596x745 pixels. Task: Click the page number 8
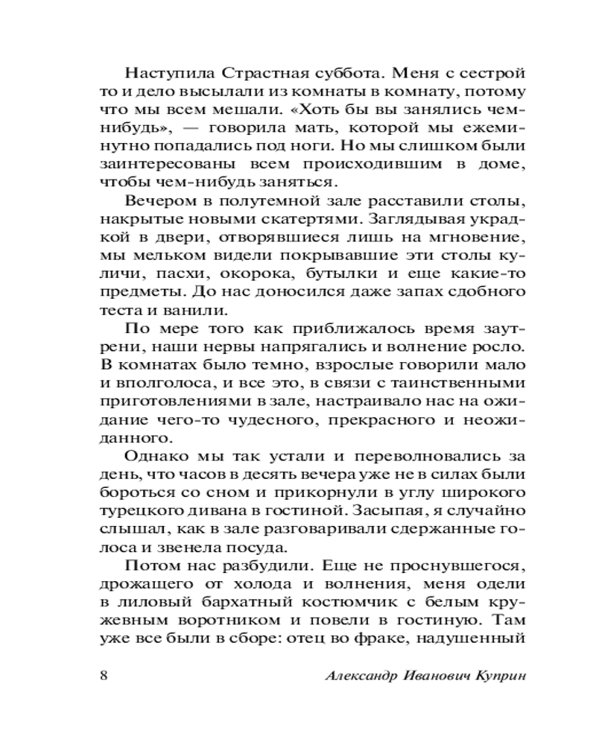tap(104, 676)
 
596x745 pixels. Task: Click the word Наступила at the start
tap(165, 74)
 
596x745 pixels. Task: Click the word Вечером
tap(156, 203)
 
